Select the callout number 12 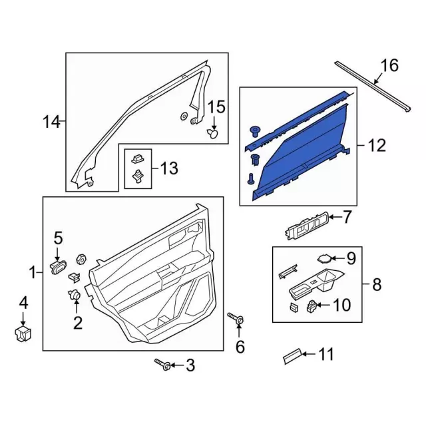tap(377, 146)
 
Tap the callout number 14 tap(51, 122)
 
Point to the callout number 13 tap(169, 168)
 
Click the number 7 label tap(347, 217)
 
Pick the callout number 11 tap(325, 355)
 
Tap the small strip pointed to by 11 tap(292, 355)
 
